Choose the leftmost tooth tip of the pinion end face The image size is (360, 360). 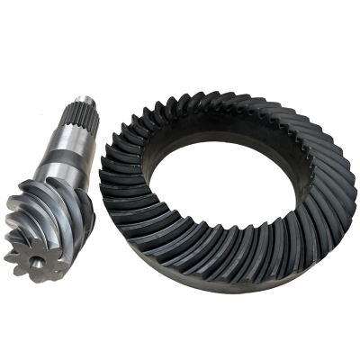5,256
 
